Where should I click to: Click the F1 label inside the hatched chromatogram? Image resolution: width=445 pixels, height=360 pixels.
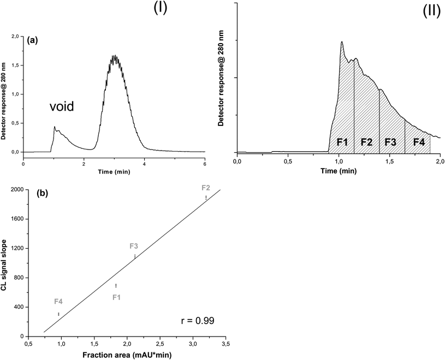(x=342, y=142)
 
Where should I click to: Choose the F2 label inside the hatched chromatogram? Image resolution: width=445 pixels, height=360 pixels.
(x=366, y=142)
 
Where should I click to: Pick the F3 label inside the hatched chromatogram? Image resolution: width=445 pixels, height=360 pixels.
(x=390, y=142)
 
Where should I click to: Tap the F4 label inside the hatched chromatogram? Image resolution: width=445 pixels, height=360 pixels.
(x=419, y=142)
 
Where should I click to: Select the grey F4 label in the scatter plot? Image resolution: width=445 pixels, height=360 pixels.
(x=58, y=301)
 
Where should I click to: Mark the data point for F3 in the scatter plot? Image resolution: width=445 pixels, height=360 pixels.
(x=134, y=256)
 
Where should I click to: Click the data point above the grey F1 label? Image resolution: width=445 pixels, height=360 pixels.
(x=116, y=285)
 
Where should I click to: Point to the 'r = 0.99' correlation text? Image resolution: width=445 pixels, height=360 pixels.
(x=198, y=320)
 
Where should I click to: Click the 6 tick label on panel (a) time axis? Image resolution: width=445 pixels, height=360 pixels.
(x=205, y=163)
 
